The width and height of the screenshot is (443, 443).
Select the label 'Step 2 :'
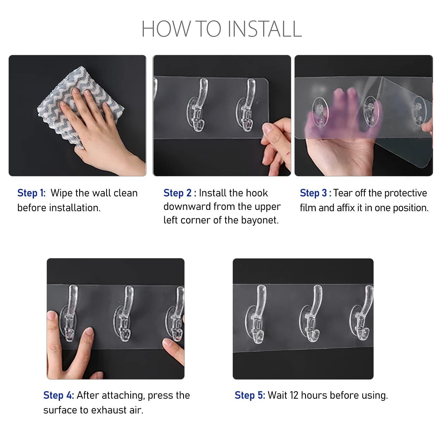[x=180, y=193]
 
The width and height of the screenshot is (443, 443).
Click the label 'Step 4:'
[x=58, y=395]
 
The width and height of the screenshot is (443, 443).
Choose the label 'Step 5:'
[x=250, y=395]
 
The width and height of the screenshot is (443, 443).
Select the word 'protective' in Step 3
[x=406, y=193]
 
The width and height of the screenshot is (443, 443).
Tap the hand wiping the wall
[x=97, y=127]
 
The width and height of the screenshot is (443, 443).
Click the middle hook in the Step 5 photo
[x=312, y=315]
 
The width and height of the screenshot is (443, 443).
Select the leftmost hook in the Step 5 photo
[x=257, y=315]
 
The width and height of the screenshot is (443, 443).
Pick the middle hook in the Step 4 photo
[x=124, y=315]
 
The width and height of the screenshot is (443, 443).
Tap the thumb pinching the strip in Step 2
[x=272, y=130]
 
